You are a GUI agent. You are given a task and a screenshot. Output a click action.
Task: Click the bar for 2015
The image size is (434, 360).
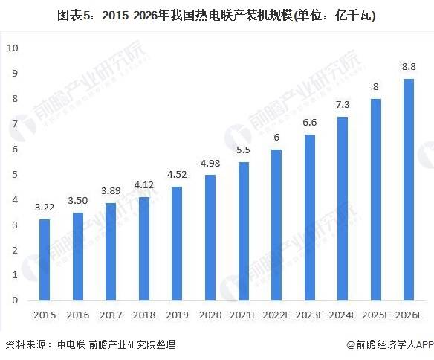(x=45, y=260)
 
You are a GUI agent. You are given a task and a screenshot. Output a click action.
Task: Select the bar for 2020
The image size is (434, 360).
(x=211, y=237)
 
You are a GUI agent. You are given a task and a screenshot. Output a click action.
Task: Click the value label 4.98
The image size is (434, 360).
(x=211, y=164)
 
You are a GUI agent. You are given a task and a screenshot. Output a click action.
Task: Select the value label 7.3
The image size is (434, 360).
(x=342, y=105)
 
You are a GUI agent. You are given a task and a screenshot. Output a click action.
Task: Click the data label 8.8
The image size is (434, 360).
(x=409, y=67)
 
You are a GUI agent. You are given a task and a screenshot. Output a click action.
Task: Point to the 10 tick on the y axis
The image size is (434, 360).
(x=13, y=48)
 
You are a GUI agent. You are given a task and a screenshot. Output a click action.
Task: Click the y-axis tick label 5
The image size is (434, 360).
(x=16, y=174)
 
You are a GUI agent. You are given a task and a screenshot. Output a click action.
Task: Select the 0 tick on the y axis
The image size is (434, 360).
(x=16, y=300)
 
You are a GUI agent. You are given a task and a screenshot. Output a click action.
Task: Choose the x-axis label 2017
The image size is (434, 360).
(x=111, y=315)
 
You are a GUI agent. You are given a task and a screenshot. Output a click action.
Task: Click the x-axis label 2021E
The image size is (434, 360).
(x=244, y=315)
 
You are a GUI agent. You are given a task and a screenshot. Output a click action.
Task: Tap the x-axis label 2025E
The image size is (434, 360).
(x=375, y=315)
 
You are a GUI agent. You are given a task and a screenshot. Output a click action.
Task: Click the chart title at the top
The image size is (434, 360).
(x=217, y=15)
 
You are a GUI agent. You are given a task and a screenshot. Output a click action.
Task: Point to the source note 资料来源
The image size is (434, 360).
(x=27, y=344)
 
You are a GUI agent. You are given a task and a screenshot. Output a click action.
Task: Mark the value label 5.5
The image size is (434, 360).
(x=244, y=150)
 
